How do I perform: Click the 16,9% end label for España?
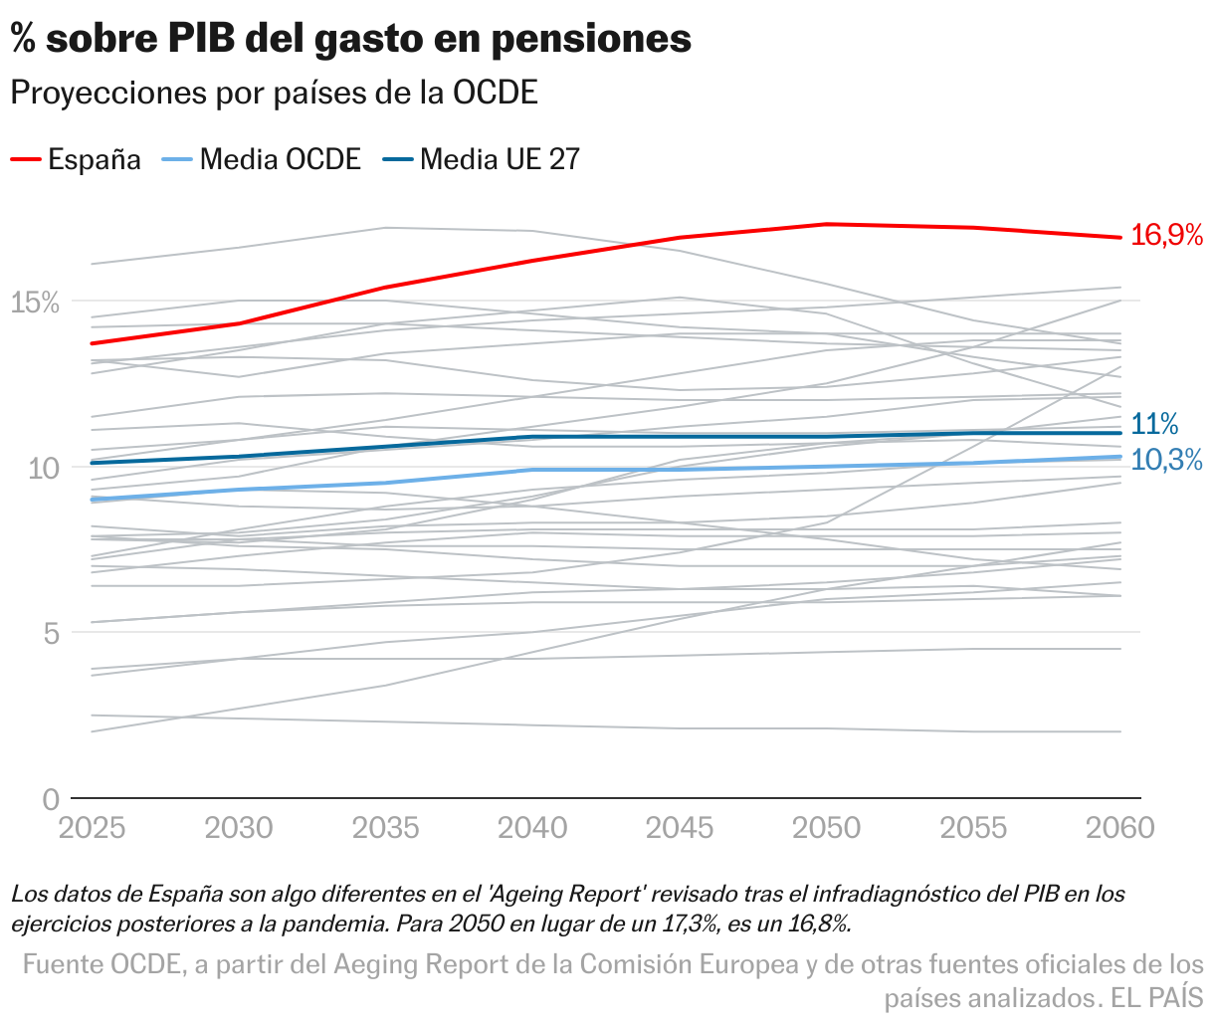pyautogui.click(x=1167, y=236)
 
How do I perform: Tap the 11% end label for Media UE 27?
pyautogui.click(x=1154, y=424)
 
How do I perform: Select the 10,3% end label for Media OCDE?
pyautogui.click(x=1167, y=460)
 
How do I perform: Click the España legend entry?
pyautogui.click(x=77, y=159)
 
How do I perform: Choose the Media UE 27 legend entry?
pyautogui.click(x=482, y=159)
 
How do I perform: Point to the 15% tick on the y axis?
pyautogui.click(x=35, y=302)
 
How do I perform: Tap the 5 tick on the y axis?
pyautogui.click(x=50, y=633)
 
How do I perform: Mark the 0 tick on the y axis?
pyautogui.click(x=50, y=798)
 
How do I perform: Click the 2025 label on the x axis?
pyautogui.click(x=92, y=828)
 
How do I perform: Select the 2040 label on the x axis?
pyautogui.click(x=532, y=828)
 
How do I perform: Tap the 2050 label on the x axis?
pyautogui.click(x=826, y=828)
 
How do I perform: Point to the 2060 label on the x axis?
pyautogui.click(x=1119, y=828)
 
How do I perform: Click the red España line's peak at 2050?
pyautogui.click(x=826, y=224)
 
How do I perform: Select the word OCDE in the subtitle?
pyautogui.click(x=495, y=93)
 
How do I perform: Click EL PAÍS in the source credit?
pyautogui.click(x=1157, y=997)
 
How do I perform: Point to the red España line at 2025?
pyautogui.click(x=92, y=343)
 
